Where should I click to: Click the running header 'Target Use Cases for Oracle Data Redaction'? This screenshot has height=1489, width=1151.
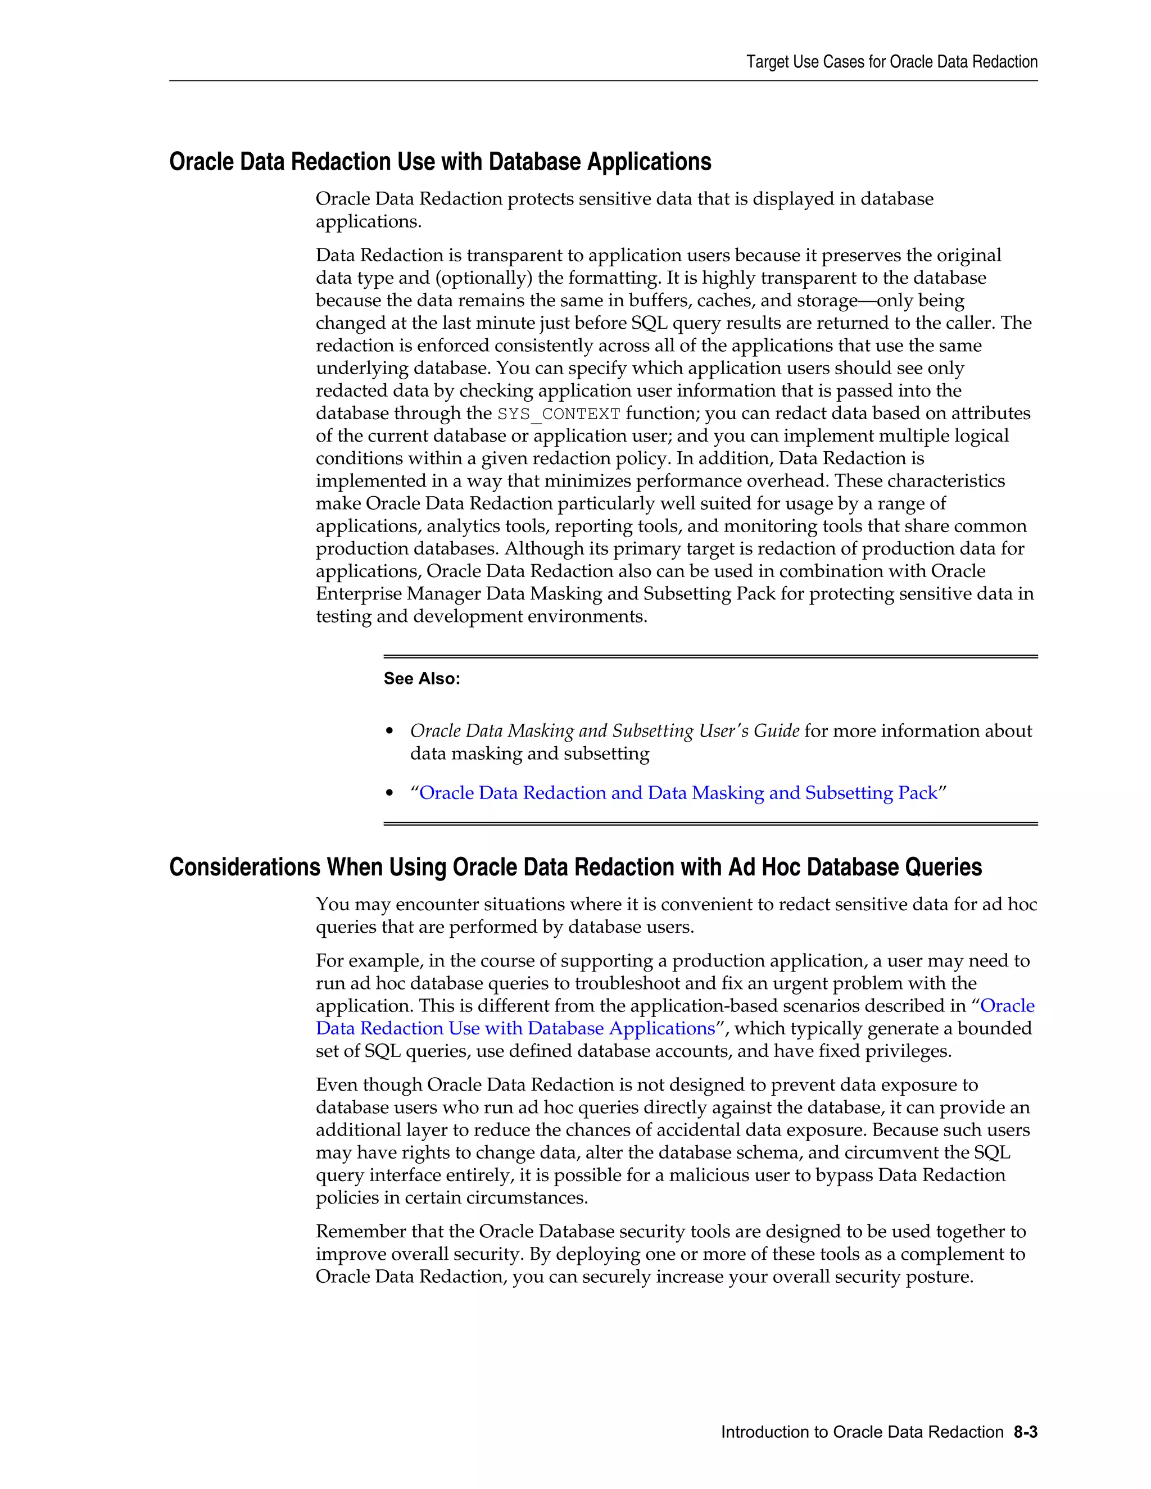pyautogui.click(x=891, y=62)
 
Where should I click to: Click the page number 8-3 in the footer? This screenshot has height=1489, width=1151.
pyautogui.click(x=1025, y=1432)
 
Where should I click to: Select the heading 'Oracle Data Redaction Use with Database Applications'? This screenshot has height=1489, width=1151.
pyautogui.click(x=440, y=162)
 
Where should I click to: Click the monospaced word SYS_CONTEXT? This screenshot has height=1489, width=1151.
pyautogui.click(x=559, y=414)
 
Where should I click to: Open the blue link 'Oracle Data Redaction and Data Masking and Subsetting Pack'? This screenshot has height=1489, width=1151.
pyautogui.click(x=678, y=793)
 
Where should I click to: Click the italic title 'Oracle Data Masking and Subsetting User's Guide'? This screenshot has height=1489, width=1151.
pyautogui.click(x=604, y=731)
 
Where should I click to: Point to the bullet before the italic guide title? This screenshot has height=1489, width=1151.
pyautogui.click(x=390, y=732)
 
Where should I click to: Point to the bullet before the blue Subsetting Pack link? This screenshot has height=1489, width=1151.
pyautogui.click(x=390, y=793)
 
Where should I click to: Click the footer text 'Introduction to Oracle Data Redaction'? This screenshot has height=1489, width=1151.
pyautogui.click(x=862, y=1432)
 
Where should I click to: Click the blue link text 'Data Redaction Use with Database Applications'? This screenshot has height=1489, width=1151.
pyautogui.click(x=515, y=1028)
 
